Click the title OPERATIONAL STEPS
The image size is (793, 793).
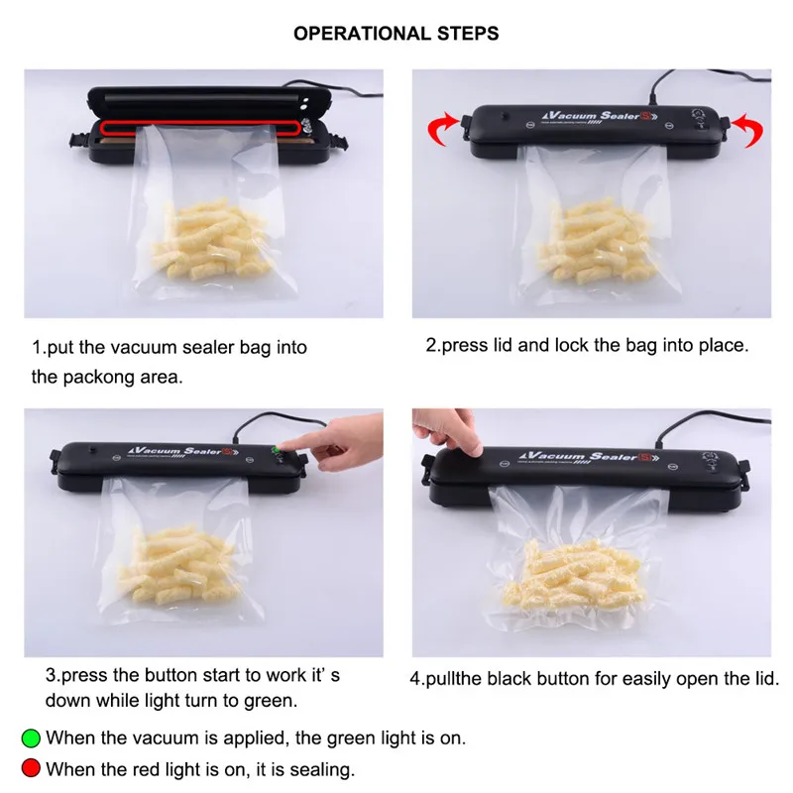(396, 34)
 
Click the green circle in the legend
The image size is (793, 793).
(31, 737)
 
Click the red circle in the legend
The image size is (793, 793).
(31, 768)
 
